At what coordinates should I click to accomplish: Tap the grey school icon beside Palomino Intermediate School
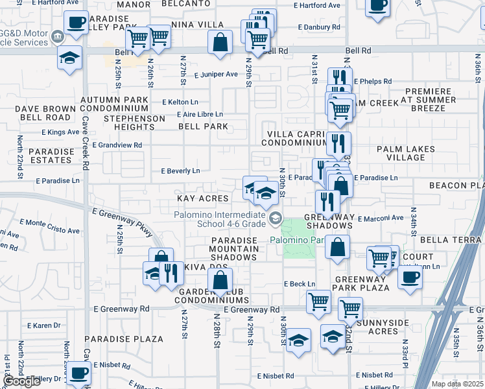pos(276,218)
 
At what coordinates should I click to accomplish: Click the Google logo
pos(22,381)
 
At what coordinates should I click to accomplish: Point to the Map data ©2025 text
pos(456,384)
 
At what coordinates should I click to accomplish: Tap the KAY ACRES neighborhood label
pos(203,198)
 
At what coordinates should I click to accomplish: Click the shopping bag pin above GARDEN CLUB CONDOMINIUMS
pos(220,280)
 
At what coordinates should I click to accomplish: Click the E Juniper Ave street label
pos(215,75)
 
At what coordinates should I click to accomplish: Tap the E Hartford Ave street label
pos(316,5)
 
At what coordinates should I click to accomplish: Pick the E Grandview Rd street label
pos(117,145)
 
